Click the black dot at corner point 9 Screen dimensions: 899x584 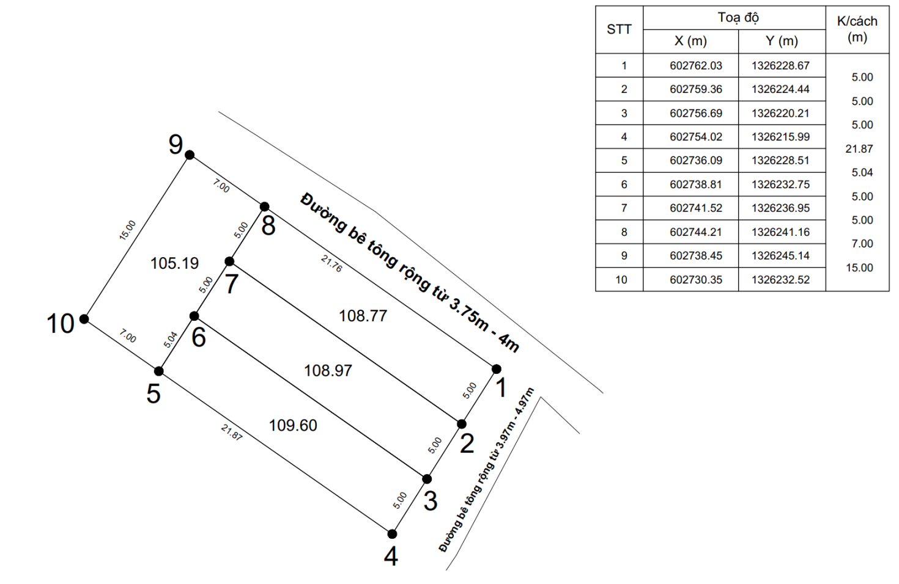pos(190,155)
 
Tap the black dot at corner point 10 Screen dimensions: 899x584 pos(84,319)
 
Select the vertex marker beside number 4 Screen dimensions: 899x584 pos(392,534)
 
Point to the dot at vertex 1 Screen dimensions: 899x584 pos(497,369)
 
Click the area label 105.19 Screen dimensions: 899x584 pos(174,263)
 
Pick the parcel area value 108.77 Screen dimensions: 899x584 pos(363,316)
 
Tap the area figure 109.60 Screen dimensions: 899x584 pos(293,425)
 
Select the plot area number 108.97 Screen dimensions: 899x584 pos(328,370)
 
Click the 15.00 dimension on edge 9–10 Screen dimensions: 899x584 pos(128,230)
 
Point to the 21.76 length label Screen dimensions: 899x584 pos(331,264)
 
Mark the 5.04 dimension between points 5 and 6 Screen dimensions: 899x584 pos(170,340)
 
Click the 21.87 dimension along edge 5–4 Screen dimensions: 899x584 pos(232,433)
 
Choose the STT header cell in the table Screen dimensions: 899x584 pos(619,29)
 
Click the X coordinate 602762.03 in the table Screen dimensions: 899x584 pos(695,66)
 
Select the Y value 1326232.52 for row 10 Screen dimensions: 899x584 pos(780,280)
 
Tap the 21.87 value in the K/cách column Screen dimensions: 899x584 pos(859,149)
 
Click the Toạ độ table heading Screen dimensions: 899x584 pos(738,18)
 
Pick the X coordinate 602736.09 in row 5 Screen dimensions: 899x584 pos(695,161)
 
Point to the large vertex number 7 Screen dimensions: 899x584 pos(232,284)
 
